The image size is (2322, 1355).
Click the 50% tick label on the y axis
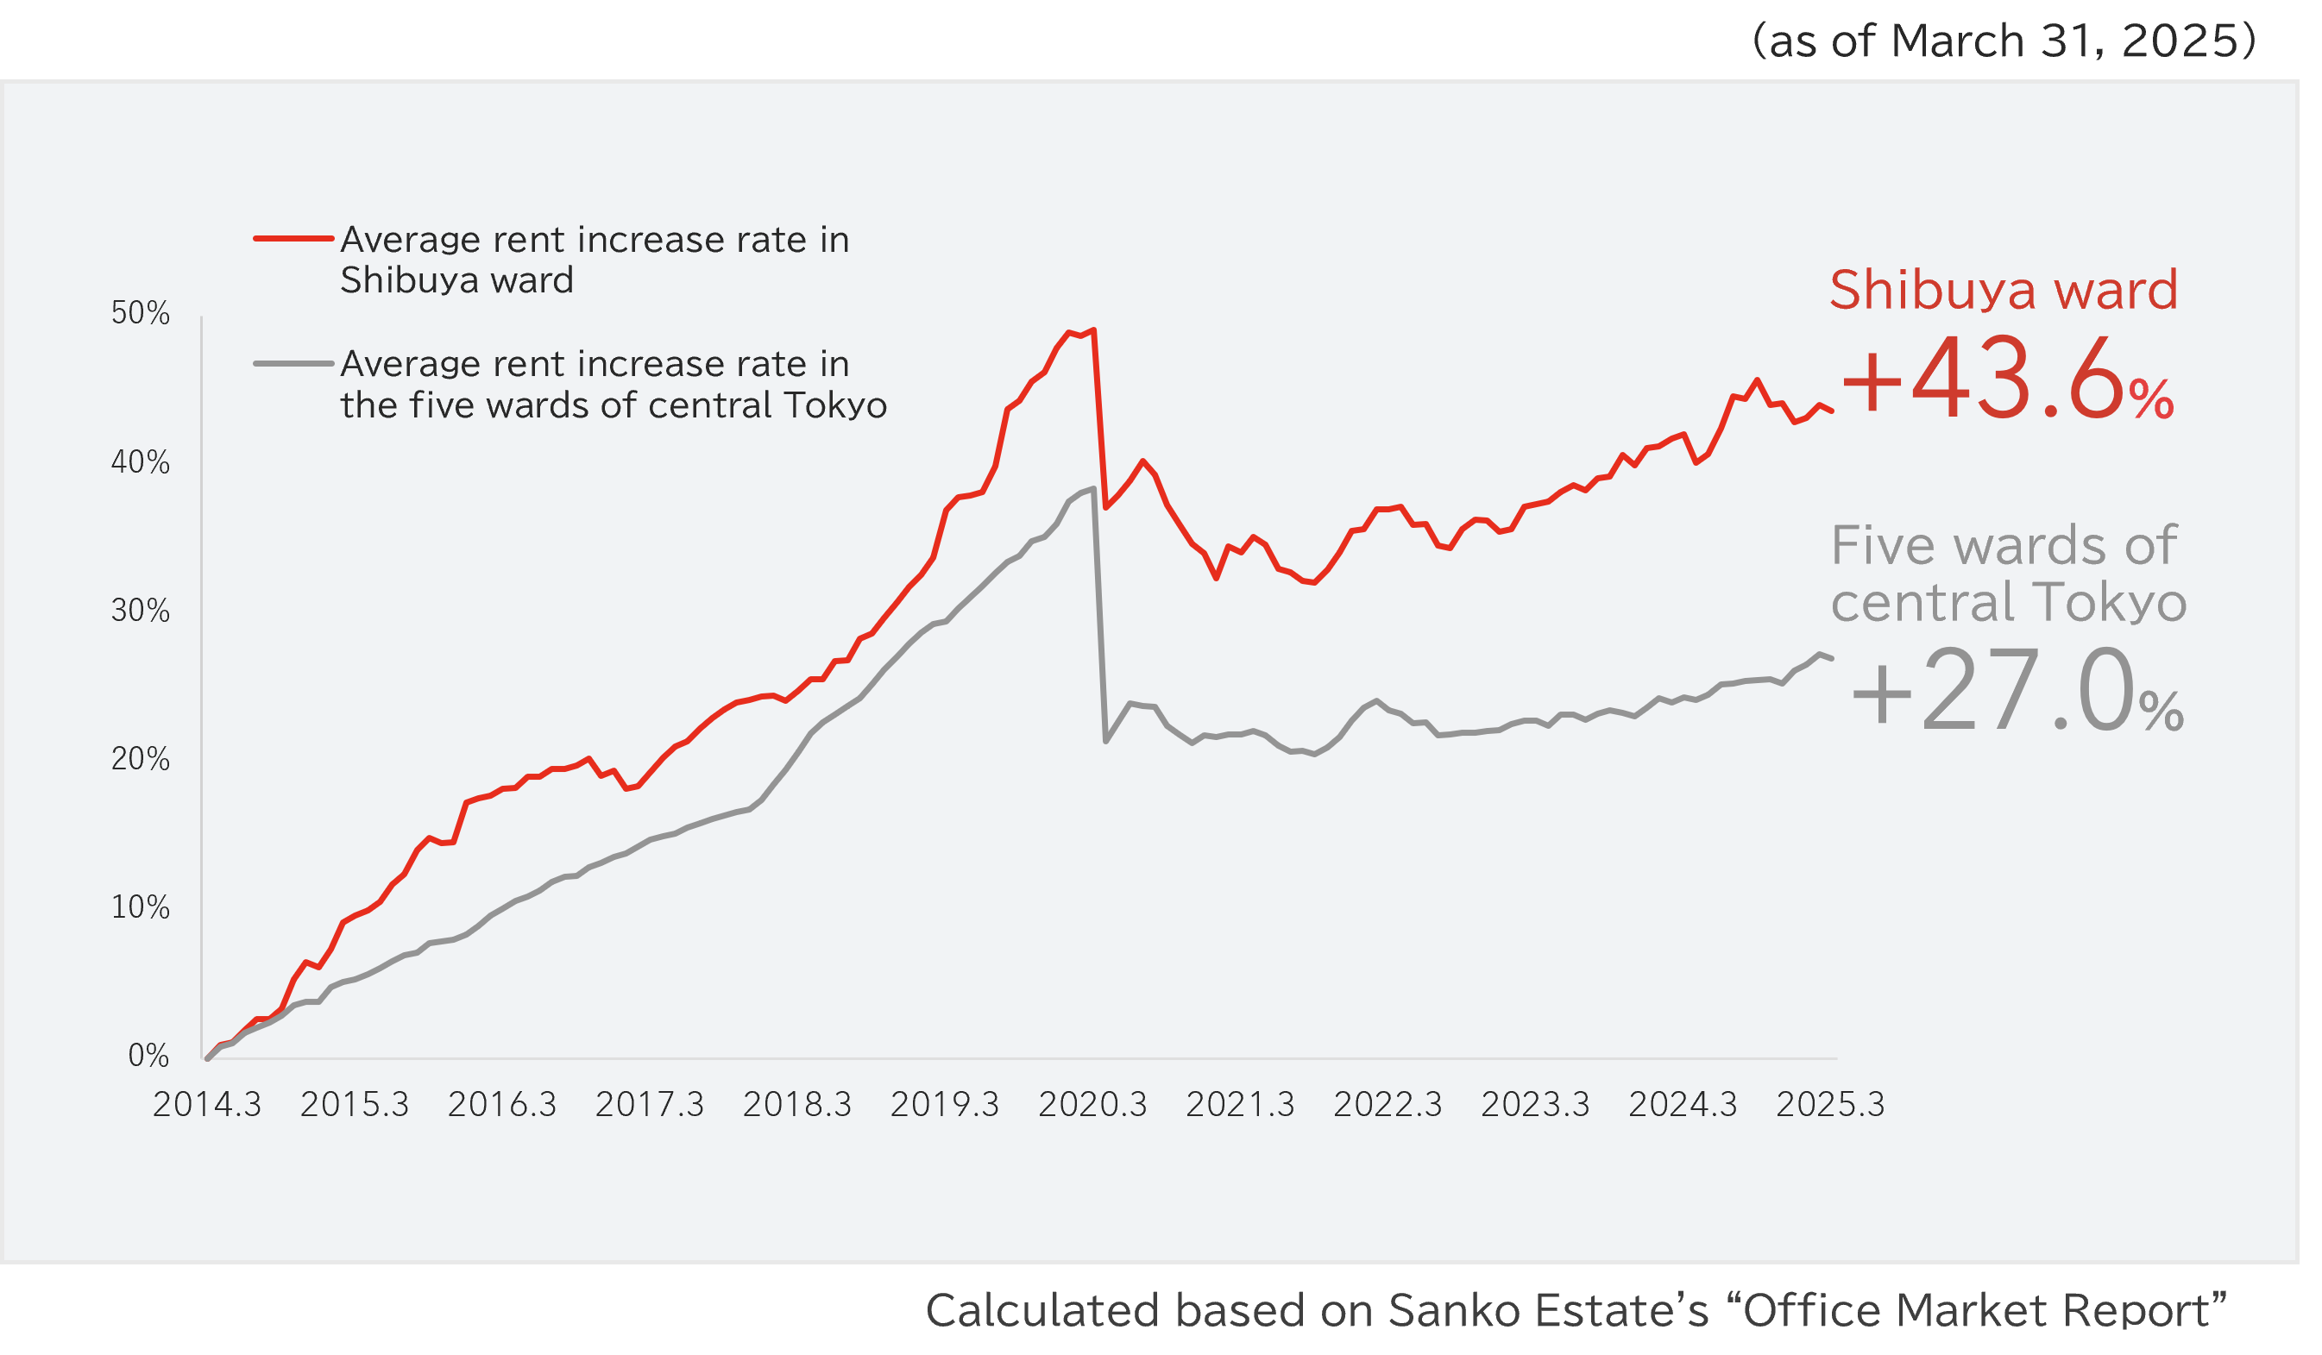(140, 313)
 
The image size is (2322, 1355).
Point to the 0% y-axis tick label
(148, 1056)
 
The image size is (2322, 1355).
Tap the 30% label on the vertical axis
(140, 611)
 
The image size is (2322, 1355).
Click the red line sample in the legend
(293, 239)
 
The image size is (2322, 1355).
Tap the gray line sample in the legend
(293, 364)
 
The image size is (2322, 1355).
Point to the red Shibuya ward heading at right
(2004, 290)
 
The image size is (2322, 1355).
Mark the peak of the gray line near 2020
(1092, 488)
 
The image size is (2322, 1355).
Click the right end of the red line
(1832, 411)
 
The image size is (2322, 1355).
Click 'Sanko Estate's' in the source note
(1548, 1311)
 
